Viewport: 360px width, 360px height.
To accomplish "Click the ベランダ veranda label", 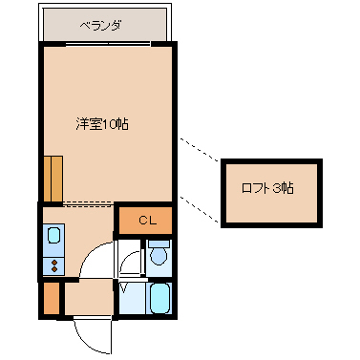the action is tap(100, 26).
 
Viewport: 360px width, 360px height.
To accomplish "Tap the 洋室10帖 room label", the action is tap(102, 124).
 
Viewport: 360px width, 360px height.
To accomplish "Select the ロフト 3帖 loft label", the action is tap(267, 188).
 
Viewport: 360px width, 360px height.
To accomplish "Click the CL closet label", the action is tap(147, 221).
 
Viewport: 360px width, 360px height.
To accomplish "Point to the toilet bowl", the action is tap(159, 255).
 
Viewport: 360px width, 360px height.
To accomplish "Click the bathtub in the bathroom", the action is tap(159, 298).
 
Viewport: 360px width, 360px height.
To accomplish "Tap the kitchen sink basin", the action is tap(53, 235).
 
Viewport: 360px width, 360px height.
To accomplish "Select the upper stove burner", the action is tap(54, 263).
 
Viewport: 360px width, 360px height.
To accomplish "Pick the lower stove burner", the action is tap(54, 269).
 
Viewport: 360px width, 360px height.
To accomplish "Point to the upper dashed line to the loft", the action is tap(200, 149).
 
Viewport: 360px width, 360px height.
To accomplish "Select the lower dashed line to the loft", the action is tap(200, 209).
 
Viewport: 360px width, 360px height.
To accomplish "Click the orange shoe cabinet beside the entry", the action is tap(52, 299).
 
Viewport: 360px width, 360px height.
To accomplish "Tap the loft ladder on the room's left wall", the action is tap(53, 179).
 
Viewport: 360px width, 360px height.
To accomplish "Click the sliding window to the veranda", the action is tap(108, 44).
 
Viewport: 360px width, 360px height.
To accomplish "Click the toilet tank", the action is tap(159, 244).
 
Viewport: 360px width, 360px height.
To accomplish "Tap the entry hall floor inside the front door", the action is tap(89, 298).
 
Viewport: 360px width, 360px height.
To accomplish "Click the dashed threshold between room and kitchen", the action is tap(88, 203).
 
